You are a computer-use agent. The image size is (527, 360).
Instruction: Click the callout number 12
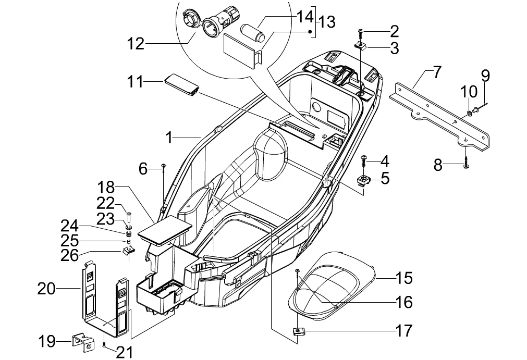(134, 43)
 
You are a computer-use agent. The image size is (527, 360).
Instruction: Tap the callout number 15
(403, 278)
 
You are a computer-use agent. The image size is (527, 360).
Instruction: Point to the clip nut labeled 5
(364, 181)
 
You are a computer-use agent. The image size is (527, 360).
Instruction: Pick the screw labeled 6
(164, 167)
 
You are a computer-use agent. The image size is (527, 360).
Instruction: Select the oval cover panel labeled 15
(334, 284)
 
